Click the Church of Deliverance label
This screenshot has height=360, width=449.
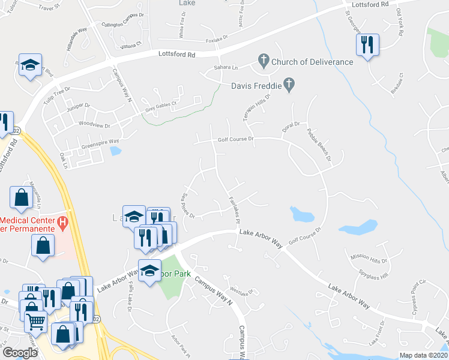pos(312,61)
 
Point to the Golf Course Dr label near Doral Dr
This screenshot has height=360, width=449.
pos(237,139)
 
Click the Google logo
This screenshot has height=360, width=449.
pos(20,352)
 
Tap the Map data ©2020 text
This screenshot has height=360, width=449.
pos(423,355)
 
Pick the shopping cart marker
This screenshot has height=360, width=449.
pos(35,322)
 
